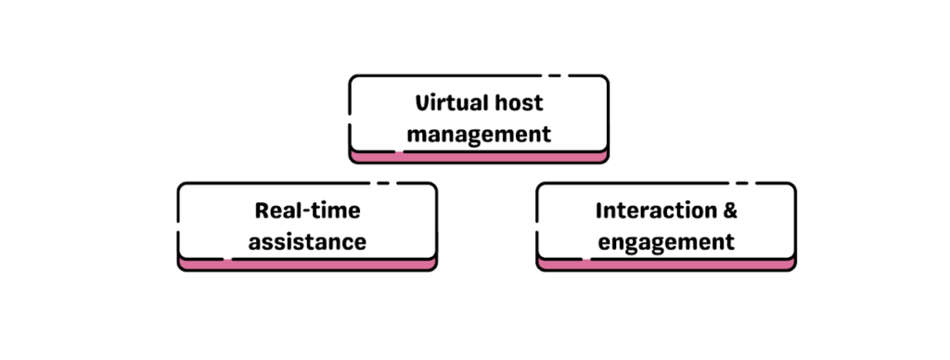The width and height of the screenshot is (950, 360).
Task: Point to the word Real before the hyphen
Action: point(276,210)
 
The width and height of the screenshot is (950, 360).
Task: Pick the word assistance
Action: point(307,242)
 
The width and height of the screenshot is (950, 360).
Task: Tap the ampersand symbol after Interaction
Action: point(731,211)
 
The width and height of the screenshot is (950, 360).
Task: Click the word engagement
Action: point(666,243)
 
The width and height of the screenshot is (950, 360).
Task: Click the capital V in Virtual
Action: point(421,102)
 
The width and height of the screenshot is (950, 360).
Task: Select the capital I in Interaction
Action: point(599,210)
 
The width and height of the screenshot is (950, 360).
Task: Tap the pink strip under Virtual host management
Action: point(479,158)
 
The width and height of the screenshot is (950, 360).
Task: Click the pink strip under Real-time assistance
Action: point(307,265)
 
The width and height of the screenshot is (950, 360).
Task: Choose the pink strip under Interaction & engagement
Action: point(666,265)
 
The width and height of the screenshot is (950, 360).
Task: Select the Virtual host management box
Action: point(479,118)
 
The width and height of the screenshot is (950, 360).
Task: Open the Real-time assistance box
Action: point(307,225)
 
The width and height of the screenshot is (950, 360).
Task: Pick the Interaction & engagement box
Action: point(666,225)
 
